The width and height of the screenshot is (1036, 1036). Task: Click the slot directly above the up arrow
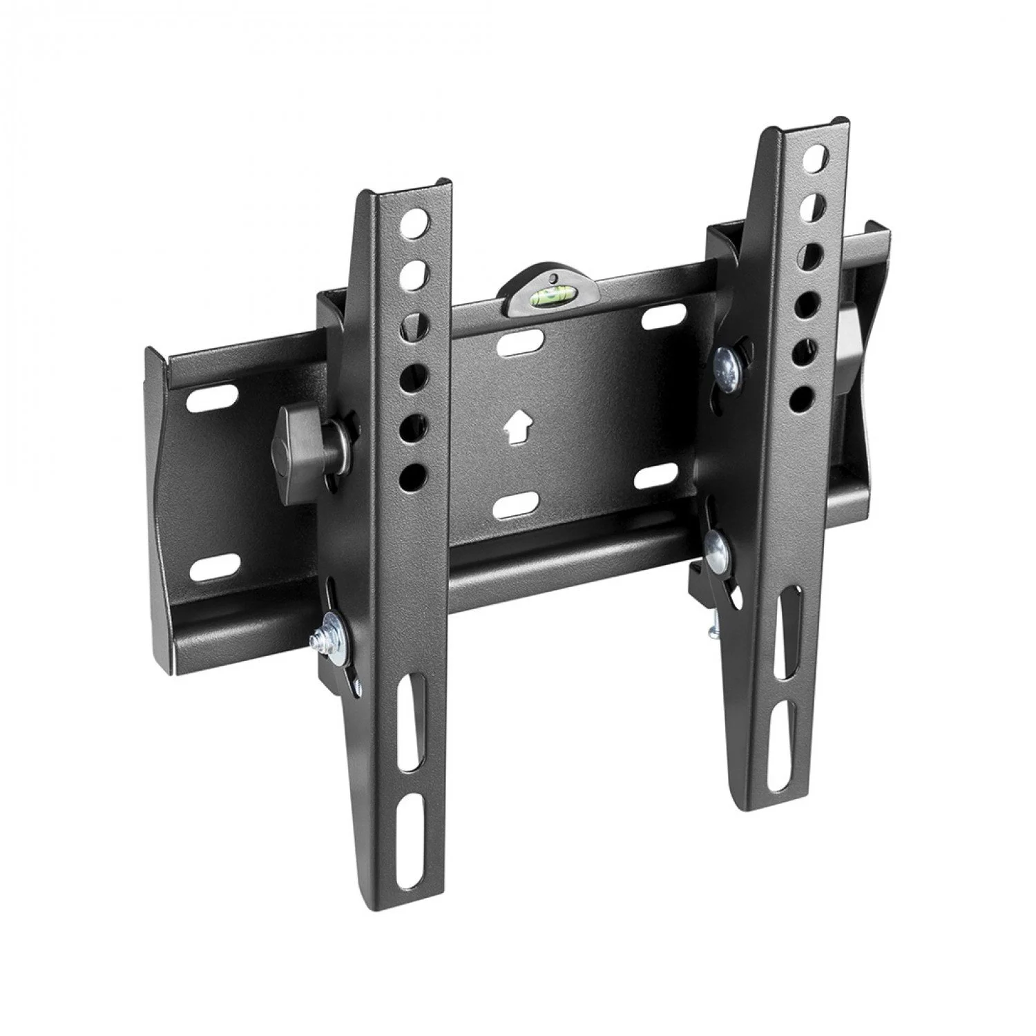click(x=518, y=343)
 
